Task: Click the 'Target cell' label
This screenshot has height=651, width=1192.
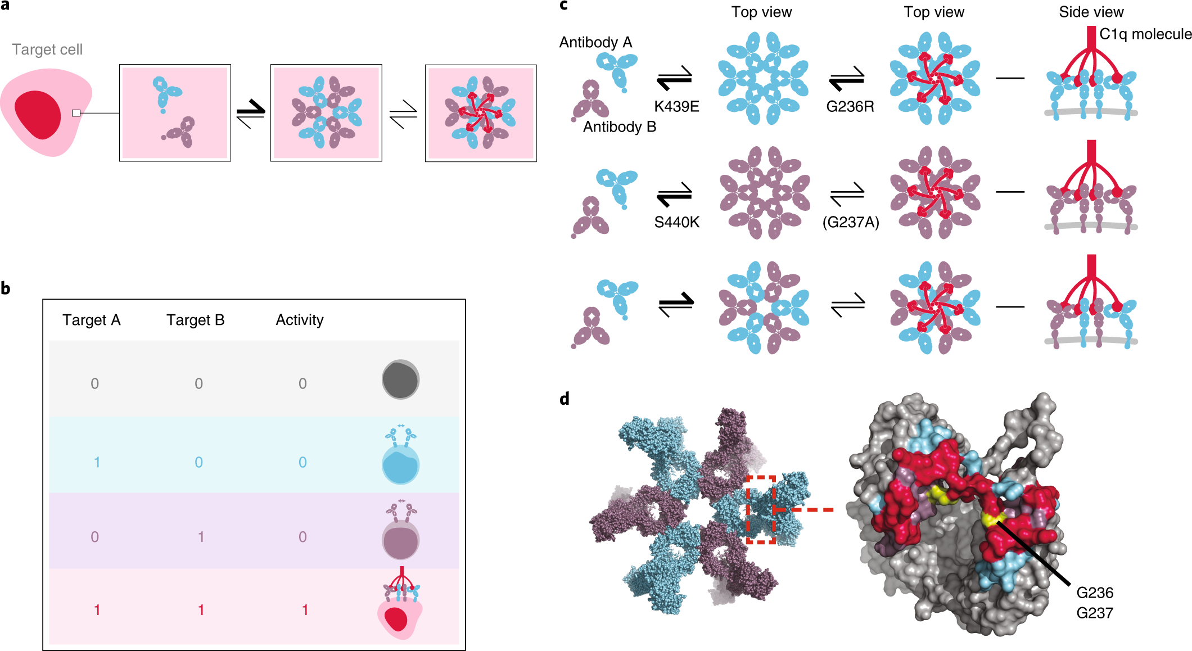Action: click(47, 49)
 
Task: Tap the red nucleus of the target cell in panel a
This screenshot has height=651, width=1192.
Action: click(38, 115)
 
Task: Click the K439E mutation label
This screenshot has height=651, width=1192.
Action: click(676, 106)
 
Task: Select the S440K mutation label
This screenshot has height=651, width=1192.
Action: click(676, 222)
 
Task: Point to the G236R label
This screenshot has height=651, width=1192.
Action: click(850, 106)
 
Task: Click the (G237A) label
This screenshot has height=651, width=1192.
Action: click(850, 222)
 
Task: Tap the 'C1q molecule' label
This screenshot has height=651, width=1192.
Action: click(1145, 34)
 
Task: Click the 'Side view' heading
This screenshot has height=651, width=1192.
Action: click(1091, 12)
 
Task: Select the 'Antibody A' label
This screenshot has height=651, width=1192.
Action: click(595, 42)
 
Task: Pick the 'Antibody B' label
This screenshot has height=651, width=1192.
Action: click(620, 126)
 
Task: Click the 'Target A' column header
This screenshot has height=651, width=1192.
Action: click(92, 320)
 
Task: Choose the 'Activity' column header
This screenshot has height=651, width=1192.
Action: click(300, 320)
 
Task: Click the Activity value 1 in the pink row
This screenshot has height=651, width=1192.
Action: click(305, 610)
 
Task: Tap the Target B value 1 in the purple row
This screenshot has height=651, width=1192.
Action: click(201, 537)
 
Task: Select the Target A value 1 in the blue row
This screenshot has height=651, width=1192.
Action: click(97, 462)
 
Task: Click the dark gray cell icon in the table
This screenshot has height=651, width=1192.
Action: click(400, 380)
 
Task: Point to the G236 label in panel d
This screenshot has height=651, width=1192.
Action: click(1094, 593)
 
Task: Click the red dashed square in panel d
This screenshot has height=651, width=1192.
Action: click(761, 509)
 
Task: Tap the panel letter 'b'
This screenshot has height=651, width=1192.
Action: click(6, 288)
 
